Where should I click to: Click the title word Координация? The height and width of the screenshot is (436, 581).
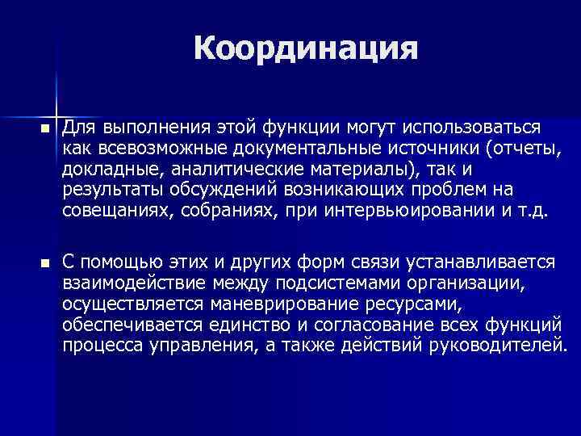coord(306,49)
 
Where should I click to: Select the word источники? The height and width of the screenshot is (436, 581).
coord(424,148)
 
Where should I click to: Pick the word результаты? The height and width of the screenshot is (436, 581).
coord(113,190)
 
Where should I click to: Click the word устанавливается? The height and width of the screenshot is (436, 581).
coord(484,263)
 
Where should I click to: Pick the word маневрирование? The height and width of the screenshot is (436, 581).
coord(278,305)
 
